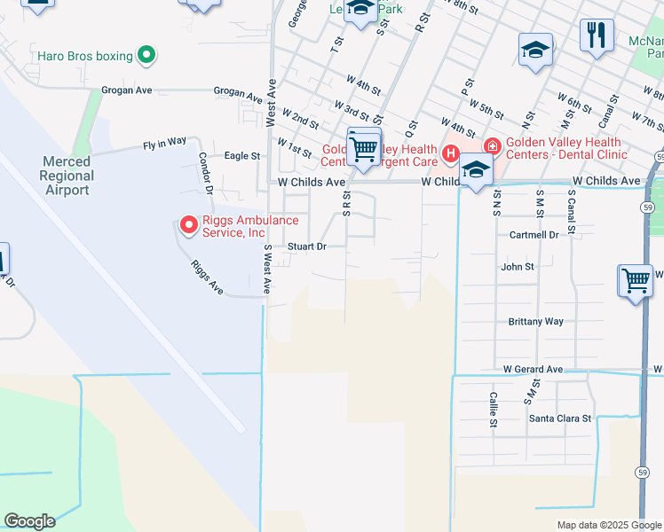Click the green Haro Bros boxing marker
click(146, 56)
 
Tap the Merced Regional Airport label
click(67, 176)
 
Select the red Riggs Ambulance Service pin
click(188, 225)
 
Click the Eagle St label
click(242, 155)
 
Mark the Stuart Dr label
click(307, 246)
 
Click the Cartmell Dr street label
click(534, 235)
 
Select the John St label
click(518, 266)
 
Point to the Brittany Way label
click(535, 322)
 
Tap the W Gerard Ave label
click(533, 369)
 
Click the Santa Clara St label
click(559, 418)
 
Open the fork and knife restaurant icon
click(597, 35)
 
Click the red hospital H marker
click(451, 156)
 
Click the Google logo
click(28, 521)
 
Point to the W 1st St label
click(295, 144)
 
